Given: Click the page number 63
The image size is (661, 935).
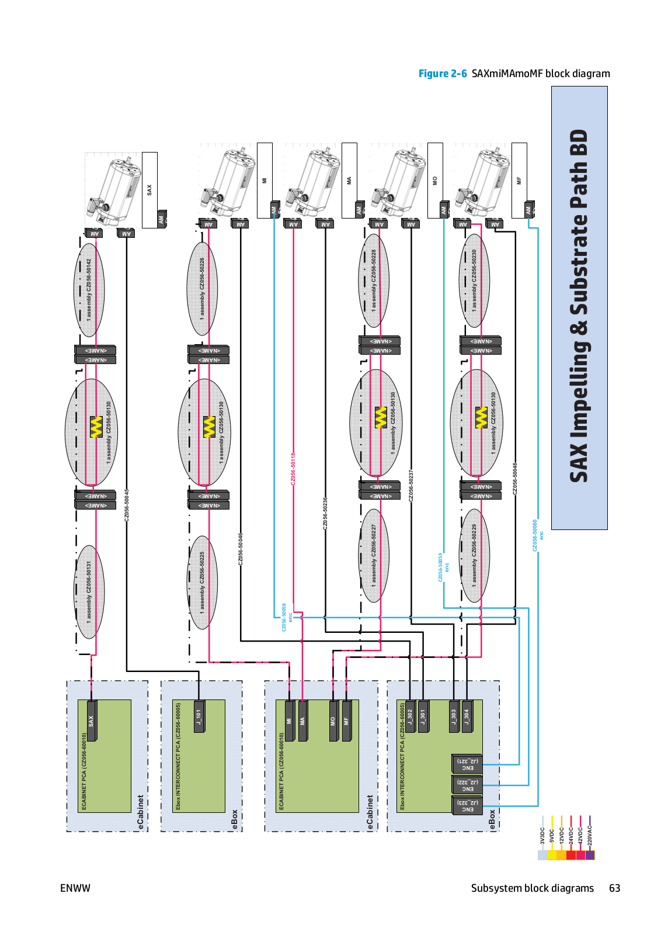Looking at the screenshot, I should pos(614,888).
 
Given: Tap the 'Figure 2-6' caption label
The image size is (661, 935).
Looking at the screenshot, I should pos(442,74).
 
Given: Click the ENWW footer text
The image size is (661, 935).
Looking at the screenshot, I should pos(75,888).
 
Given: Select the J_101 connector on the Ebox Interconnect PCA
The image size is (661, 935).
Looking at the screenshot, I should pos(199,716).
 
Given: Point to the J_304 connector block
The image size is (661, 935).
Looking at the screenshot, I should pos(467,716).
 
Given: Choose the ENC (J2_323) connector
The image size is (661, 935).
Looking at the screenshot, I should pos(467,806).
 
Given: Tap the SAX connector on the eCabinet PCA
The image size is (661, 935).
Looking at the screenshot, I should pos(91,721).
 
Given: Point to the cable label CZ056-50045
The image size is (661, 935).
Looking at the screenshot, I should pos(127,505).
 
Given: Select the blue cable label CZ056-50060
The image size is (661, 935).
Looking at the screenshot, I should pos(535,535).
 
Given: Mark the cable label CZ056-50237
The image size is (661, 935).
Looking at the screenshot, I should pos(411,486).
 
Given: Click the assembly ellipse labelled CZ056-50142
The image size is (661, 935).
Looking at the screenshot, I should pos(89,290).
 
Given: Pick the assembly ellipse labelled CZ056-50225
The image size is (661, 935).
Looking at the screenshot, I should pos(203,582).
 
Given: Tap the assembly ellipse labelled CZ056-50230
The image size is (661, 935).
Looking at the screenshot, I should pos(474,280).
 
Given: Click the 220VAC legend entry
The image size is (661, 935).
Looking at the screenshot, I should pos(590,841).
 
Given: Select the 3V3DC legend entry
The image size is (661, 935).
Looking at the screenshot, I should pos(542,841).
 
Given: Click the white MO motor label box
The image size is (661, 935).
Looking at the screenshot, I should pos(435,180).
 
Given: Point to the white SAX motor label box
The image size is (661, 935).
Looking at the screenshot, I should pos(149,189).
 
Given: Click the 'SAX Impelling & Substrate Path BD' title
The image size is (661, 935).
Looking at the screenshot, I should pos(579,307).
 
